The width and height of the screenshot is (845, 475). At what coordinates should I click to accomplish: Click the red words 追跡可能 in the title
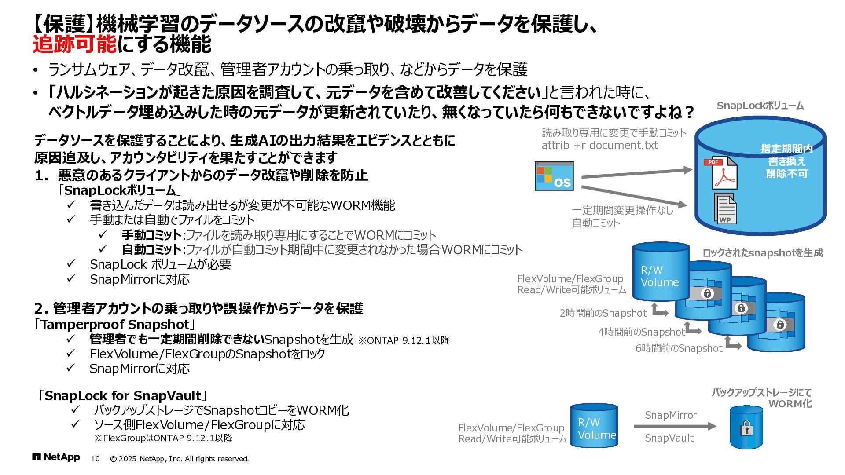[75, 44]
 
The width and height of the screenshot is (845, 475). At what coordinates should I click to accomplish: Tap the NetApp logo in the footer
[56, 457]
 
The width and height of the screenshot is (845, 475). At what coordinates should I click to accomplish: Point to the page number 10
[95, 459]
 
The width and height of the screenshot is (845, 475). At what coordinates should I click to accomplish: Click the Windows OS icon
[554, 176]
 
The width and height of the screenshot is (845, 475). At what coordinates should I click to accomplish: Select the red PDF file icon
[720, 173]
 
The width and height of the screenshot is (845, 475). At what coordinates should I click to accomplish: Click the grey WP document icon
[725, 208]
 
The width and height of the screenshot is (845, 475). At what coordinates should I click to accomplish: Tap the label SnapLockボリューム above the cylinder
[760, 106]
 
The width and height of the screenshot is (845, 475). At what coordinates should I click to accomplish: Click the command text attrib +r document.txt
[599, 146]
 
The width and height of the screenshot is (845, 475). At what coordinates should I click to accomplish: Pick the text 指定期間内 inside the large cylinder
[786, 149]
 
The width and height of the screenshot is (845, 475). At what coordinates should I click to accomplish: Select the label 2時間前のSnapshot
[603, 313]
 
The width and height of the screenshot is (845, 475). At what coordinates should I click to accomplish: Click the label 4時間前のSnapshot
[641, 332]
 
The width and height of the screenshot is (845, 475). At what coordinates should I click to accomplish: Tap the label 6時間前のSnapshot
[679, 348]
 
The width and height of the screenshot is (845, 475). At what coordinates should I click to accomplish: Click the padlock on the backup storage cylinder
[746, 428]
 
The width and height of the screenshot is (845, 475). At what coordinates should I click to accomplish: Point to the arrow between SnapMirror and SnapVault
[675, 426]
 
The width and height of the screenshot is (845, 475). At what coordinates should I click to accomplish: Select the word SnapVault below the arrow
[669, 438]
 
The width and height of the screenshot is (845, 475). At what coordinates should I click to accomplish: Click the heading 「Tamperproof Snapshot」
[114, 325]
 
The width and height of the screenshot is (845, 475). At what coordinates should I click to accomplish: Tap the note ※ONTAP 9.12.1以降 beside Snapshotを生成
[404, 340]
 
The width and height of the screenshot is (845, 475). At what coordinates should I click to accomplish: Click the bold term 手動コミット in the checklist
[151, 235]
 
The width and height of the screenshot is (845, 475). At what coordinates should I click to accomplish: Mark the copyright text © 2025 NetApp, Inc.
[179, 459]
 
